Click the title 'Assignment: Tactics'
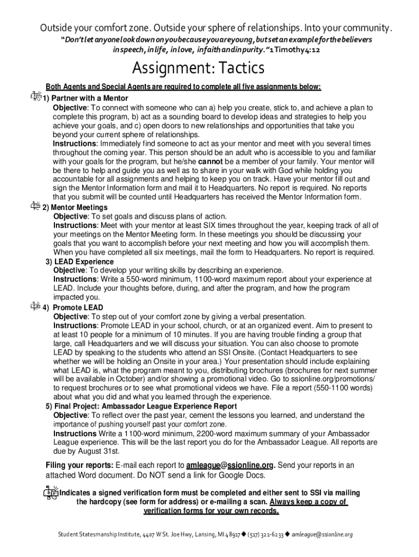point(199,69)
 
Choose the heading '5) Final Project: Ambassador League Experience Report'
point(141,406)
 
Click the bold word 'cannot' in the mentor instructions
point(209,162)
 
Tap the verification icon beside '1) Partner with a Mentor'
point(35,96)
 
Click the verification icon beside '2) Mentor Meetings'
point(35,206)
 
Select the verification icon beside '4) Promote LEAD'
point(35,306)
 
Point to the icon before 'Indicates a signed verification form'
point(50,492)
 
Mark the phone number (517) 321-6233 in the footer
point(267,535)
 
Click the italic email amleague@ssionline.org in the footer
point(322,535)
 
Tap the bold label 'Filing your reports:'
point(79,465)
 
